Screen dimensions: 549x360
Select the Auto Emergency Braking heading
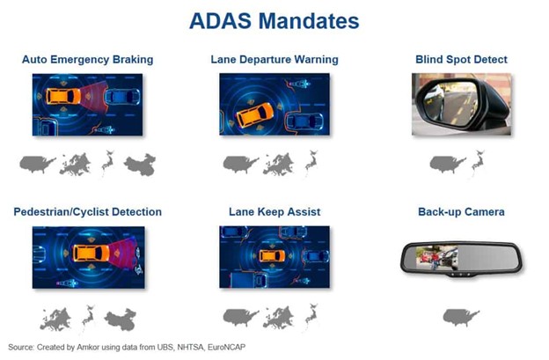87,60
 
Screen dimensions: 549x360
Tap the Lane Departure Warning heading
274,60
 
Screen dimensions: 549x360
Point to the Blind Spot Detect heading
461,60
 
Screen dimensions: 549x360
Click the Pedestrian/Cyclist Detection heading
87,212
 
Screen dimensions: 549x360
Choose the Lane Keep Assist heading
274,212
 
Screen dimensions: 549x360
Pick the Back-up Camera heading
461,212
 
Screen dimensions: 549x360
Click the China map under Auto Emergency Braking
139,164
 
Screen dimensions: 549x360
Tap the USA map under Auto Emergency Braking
38,164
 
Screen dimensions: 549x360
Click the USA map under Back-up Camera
460,316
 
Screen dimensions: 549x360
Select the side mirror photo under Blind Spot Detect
460,103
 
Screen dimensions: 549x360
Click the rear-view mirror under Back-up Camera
460,257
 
